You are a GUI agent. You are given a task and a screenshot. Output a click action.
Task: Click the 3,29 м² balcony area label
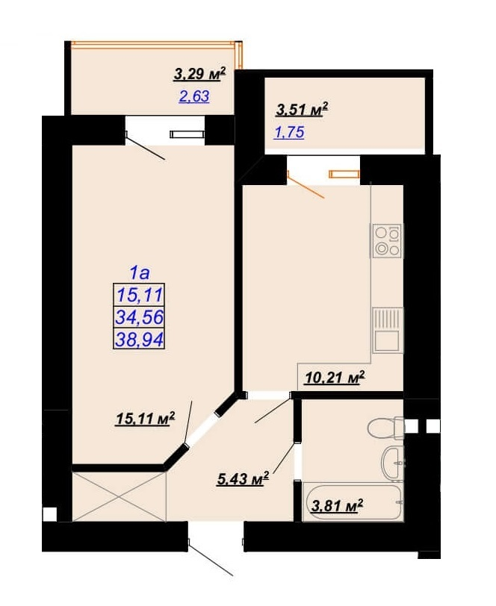[199, 74]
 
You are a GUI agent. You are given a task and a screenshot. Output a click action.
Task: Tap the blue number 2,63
[193, 96]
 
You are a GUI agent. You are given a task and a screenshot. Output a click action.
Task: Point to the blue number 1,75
[289, 132]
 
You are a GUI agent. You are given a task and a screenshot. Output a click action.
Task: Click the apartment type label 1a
[139, 274]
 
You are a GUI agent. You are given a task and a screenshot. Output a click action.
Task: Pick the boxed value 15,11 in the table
[139, 296]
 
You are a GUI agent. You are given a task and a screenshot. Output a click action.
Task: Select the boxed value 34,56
[139, 317]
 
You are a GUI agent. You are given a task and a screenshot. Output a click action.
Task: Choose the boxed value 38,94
[139, 340]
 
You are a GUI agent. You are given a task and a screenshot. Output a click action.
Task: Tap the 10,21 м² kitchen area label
[335, 378]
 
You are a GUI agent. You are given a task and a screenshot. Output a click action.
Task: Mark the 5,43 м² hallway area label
[243, 480]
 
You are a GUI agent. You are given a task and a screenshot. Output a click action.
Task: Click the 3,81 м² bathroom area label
[337, 505]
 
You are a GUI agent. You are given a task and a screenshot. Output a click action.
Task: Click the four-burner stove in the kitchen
[387, 241]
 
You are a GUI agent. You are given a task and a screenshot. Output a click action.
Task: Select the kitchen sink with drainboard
[388, 331]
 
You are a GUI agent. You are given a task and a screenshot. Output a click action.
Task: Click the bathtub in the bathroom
[353, 502]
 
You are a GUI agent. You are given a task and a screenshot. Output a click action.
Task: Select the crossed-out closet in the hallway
[119, 496]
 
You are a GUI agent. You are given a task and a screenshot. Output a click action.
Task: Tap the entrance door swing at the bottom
[210, 557]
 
